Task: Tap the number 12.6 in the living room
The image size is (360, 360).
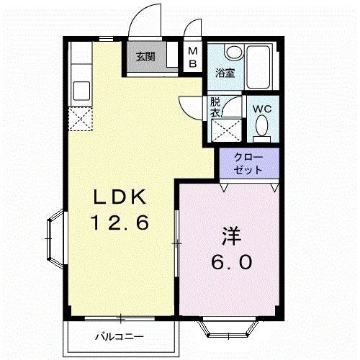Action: (119, 223)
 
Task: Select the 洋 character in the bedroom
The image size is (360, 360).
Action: (230, 236)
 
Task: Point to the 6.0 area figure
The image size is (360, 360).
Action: (232, 262)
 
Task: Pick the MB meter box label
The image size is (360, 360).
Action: (193, 56)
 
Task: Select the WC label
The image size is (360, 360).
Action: (261, 109)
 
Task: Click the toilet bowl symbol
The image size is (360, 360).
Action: (262, 127)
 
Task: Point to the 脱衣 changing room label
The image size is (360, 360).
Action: (215, 107)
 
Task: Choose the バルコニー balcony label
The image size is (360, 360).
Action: (120, 336)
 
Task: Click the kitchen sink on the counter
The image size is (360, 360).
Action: (81, 91)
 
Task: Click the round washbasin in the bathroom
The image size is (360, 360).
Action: (232, 53)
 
